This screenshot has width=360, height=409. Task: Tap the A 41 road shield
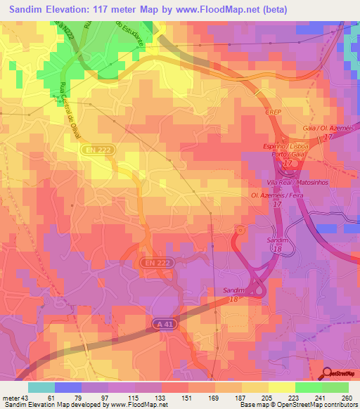point(163,323)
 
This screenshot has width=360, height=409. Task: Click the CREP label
point(274,112)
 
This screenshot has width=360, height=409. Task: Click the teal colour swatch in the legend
point(41,387)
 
